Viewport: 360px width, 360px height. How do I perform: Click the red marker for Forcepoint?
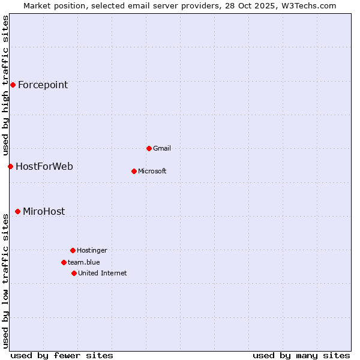[13, 85]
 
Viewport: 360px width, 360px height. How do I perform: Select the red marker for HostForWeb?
[10, 166]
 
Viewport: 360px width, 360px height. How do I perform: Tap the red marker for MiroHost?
[17, 211]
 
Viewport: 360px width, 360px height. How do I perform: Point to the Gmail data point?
[149, 148]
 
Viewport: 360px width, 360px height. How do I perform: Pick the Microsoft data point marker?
[134, 171]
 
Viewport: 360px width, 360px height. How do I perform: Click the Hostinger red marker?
[73, 250]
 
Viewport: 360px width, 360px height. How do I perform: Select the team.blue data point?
[64, 262]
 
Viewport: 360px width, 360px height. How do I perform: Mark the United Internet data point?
[74, 273]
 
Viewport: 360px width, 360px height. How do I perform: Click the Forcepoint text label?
[43, 85]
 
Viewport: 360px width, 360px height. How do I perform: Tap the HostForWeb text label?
[44, 166]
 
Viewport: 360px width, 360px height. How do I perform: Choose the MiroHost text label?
[44, 211]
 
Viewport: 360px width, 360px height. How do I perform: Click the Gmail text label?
[162, 148]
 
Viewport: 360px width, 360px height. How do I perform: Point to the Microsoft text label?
[152, 171]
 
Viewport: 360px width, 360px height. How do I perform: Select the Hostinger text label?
[92, 250]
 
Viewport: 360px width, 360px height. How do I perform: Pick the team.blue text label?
[84, 262]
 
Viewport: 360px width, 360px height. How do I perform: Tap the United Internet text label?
[103, 273]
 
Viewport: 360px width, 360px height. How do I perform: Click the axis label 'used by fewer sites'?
[62, 355]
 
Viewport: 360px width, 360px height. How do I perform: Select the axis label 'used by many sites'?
[301, 355]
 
